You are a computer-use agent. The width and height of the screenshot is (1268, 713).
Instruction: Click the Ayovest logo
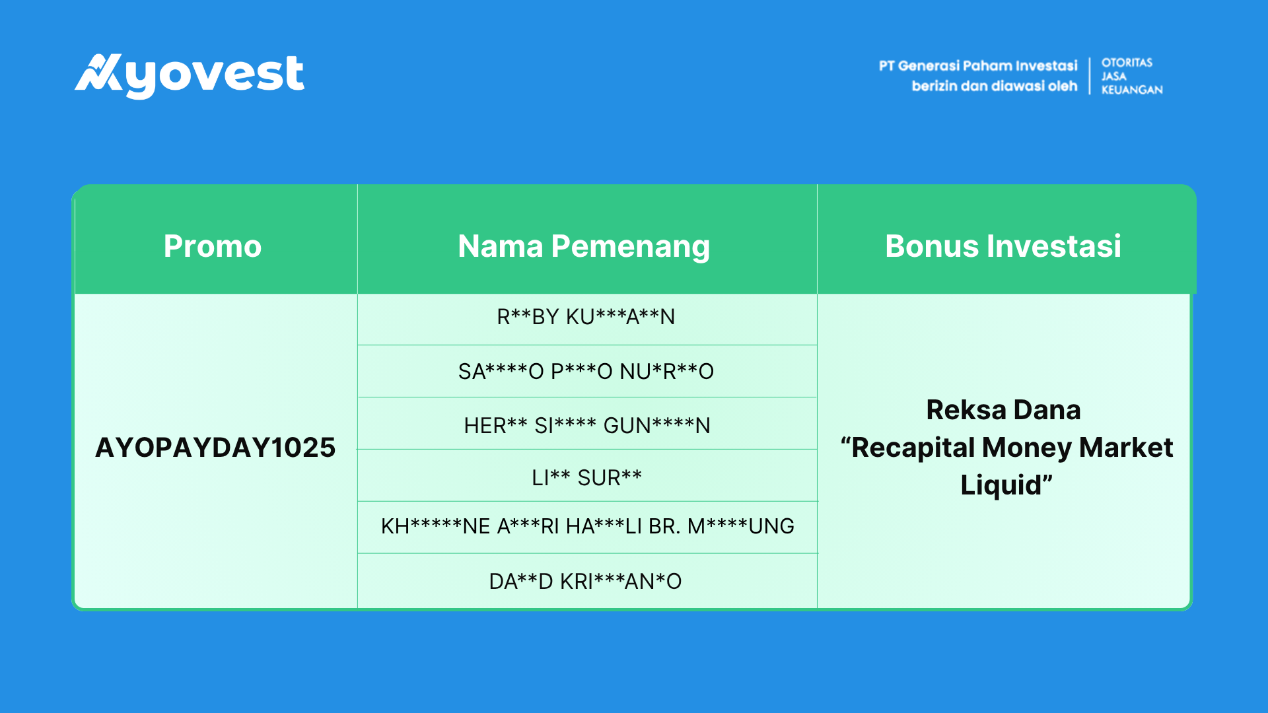[190, 75]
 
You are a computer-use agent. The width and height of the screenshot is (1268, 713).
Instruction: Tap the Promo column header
[213, 246]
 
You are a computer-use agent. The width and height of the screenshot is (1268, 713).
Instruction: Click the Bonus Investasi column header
[1003, 246]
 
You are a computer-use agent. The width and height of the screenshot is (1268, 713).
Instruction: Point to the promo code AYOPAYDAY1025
[215, 448]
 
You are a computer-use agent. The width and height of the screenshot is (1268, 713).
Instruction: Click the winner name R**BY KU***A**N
[586, 317]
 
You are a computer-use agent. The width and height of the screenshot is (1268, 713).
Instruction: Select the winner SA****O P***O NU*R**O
[586, 371]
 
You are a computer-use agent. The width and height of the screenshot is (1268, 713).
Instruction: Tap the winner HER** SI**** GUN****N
[587, 425]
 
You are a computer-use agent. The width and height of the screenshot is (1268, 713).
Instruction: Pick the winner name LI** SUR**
[586, 477]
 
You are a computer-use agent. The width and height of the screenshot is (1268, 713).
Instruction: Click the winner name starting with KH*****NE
[587, 526]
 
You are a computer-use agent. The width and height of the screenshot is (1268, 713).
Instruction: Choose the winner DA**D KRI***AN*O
[585, 581]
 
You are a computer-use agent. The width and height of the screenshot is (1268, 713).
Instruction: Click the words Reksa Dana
[1003, 410]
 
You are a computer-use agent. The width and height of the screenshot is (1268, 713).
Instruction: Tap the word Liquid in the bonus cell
[1001, 485]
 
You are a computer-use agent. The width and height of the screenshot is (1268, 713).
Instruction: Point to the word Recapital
[913, 448]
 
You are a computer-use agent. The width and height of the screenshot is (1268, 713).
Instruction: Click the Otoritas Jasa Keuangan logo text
[1132, 76]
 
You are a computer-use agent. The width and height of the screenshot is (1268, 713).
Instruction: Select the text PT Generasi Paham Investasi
[978, 66]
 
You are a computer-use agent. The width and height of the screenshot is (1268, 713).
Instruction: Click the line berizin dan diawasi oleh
[995, 86]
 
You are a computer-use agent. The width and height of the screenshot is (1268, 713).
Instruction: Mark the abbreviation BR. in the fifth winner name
[664, 526]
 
